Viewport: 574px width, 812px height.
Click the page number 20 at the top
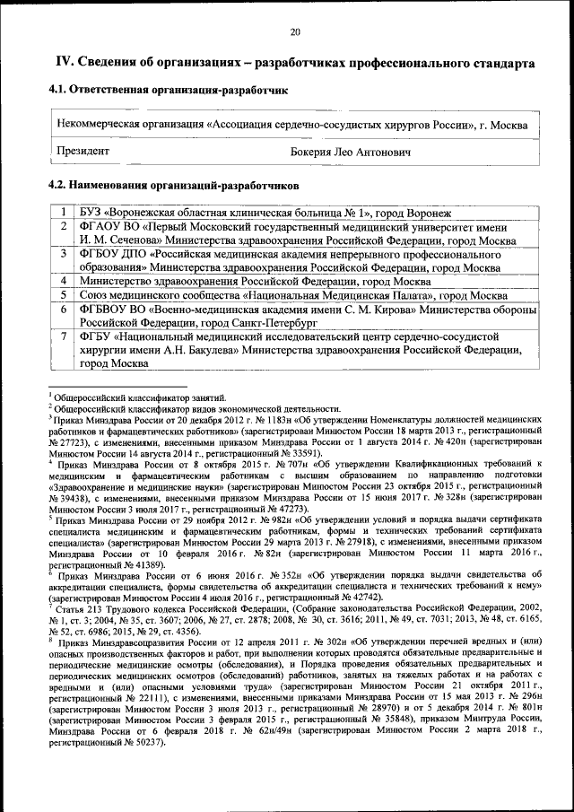coord(295,33)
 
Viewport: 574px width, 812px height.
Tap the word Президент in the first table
coord(83,153)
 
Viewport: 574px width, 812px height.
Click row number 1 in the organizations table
coord(63,213)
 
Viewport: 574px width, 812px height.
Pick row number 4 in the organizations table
coord(63,281)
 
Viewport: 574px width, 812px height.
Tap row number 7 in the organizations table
coord(63,337)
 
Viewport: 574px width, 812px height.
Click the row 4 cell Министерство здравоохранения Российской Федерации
coord(255,281)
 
